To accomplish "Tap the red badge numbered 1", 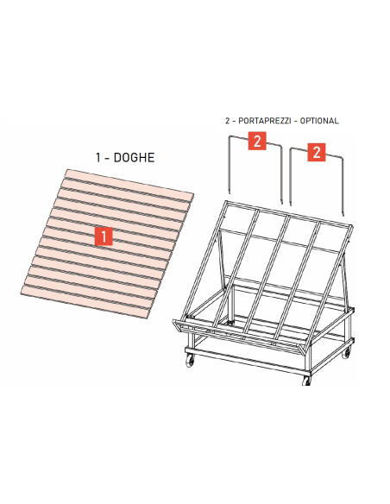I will tap(104, 235).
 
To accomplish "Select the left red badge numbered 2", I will tap(256, 142).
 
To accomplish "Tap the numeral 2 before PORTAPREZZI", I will tap(226, 121).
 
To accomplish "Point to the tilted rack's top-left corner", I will tap(226, 203).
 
